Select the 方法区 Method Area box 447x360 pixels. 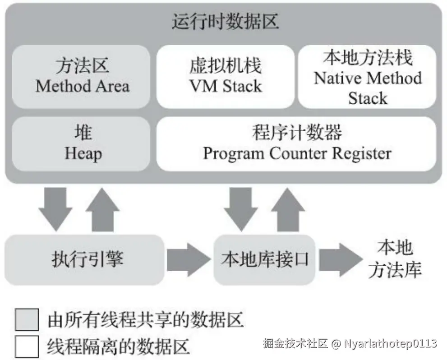[81, 76]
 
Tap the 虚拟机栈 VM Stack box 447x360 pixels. [225, 76]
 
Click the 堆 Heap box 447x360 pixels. [81, 143]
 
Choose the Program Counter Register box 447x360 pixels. [296, 143]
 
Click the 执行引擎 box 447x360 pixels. [85, 259]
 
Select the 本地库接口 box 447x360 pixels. [264, 259]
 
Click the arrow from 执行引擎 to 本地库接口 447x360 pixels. [189, 259]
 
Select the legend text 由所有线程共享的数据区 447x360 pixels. [145, 320]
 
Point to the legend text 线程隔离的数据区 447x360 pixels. [118, 346]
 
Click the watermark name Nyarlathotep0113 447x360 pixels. [391, 343]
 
